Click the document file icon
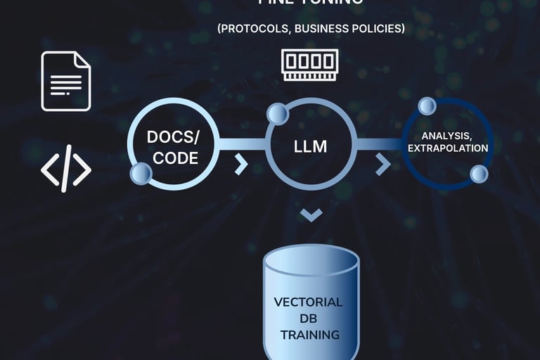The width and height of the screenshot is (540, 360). [65, 81]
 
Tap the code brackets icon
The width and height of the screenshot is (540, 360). [65, 169]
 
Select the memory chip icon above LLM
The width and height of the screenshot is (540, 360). [309, 64]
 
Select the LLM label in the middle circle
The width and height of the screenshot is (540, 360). [310, 147]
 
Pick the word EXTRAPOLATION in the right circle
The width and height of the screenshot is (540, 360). [448, 148]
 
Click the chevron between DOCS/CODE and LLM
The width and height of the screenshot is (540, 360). [241, 165]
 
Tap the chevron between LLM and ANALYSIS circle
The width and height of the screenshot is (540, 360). [383, 165]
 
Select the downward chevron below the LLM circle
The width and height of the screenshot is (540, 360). [311, 214]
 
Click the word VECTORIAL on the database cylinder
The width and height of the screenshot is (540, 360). [309, 302]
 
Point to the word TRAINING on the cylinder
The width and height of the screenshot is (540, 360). [309, 334]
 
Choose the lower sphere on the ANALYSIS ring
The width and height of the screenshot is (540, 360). [479, 174]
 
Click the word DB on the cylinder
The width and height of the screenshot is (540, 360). [309, 319]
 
